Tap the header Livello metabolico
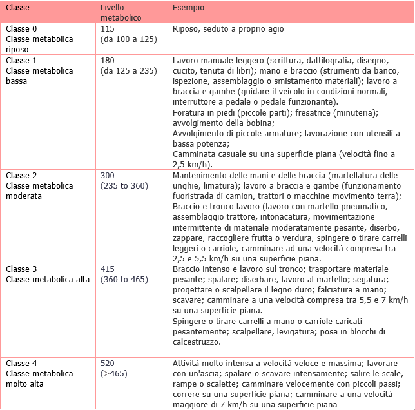(x=120, y=11)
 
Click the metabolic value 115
(x=107, y=29)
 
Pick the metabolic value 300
(x=108, y=176)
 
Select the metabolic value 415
(x=107, y=269)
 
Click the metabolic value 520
(x=108, y=364)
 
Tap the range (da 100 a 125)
(x=128, y=39)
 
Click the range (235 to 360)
(x=124, y=186)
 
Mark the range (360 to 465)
(x=124, y=280)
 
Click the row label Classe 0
(x=22, y=29)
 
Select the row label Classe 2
(x=22, y=176)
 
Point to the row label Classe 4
(x=22, y=364)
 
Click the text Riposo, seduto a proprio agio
(x=228, y=29)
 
